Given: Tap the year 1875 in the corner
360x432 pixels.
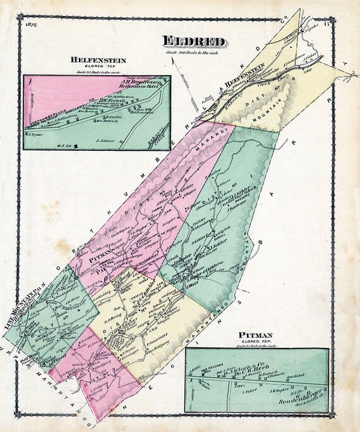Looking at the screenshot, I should pos(28,25).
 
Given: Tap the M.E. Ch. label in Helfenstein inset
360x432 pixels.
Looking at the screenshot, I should pos(66,145).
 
